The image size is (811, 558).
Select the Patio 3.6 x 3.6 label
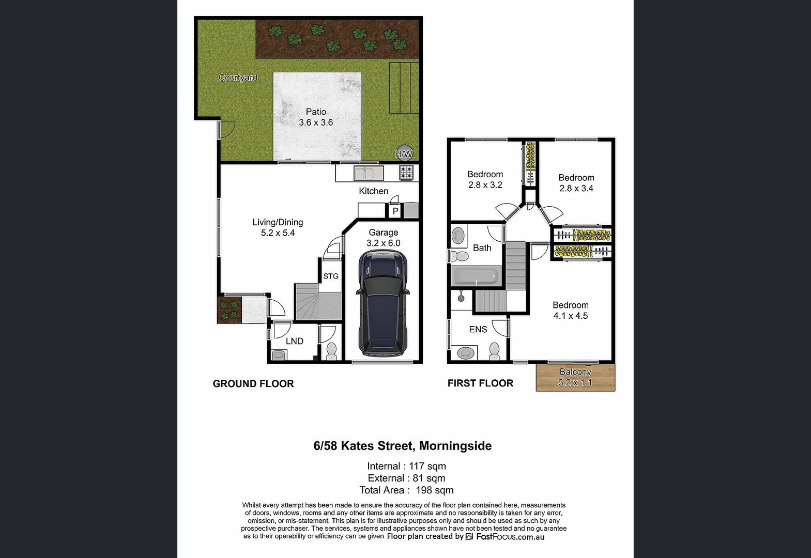tap(316, 117)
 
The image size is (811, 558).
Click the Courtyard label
tap(238, 78)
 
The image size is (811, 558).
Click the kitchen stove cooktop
tap(407, 173)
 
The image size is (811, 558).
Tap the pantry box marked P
tap(395, 211)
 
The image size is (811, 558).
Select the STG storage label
tap(331, 276)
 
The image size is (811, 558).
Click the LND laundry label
tap(295, 341)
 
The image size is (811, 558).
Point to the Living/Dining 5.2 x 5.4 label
tap(278, 227)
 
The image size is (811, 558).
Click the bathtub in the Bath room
tap(476, 276)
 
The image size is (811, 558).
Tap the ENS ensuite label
tap(478, 329)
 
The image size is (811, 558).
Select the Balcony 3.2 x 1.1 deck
tap(575, 378)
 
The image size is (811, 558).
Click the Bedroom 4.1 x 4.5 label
tap(571, 311)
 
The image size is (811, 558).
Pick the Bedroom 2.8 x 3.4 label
tap(576, 183)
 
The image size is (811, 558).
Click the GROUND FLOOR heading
tap(253, 383)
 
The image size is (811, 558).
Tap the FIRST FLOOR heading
tap(480, 383)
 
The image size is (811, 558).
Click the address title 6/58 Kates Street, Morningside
tap(403, 446)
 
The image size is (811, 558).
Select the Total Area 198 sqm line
tap(406, 490)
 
